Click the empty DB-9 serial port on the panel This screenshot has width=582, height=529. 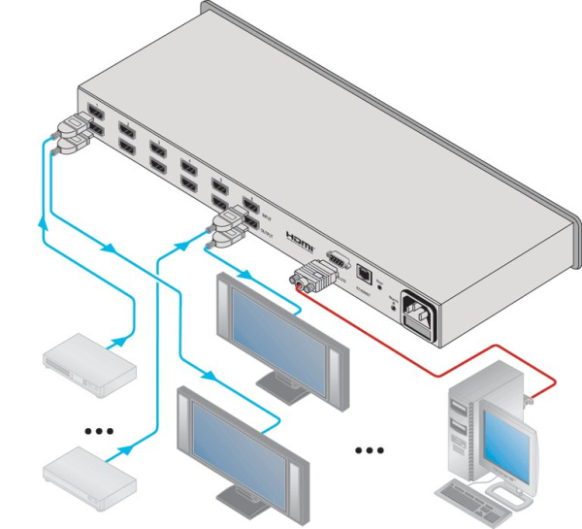click(336, 259)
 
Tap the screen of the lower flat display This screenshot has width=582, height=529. click(238, 441)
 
